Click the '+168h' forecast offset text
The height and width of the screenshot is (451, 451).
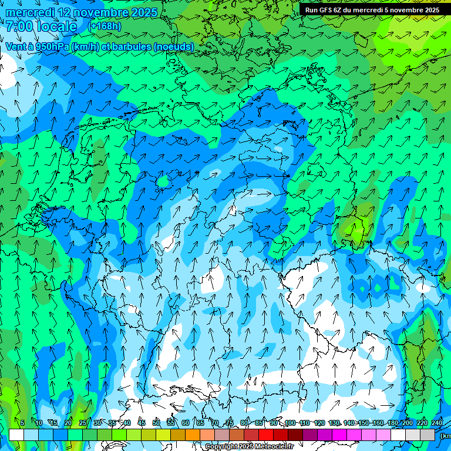coord(105,26)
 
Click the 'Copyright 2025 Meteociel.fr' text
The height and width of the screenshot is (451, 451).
coord(249,447)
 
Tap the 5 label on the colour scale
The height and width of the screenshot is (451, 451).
coord(22,423)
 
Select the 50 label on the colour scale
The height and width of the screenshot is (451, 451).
coord(156,423)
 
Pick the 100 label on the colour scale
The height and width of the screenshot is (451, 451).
coord(290,423)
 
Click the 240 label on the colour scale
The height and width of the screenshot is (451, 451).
coord(437,423)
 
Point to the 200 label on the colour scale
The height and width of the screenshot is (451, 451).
coord(408,423)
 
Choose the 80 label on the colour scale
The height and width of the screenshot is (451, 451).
coord(244,423)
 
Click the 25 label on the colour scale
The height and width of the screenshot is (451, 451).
coord(83,423)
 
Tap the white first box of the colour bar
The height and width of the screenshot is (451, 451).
coord(16,435)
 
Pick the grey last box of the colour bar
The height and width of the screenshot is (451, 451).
coord(428,435)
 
